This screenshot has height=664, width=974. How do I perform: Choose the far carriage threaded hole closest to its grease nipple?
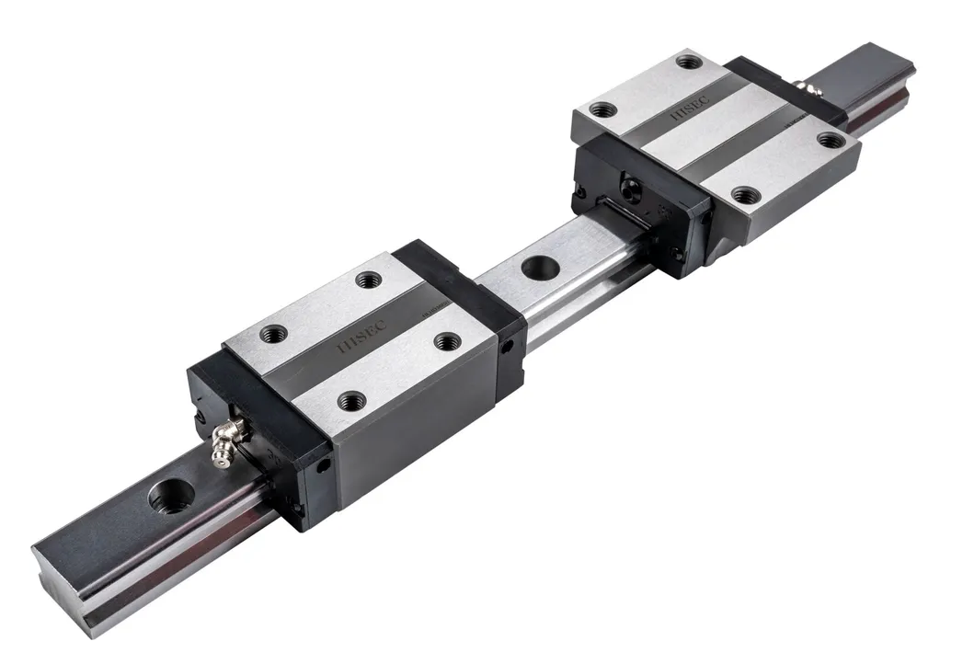[831, 140]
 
